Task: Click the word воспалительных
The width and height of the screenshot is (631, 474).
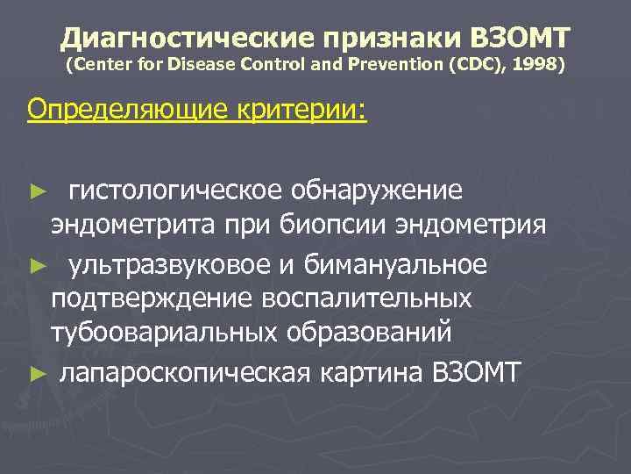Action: coord(366,298)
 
